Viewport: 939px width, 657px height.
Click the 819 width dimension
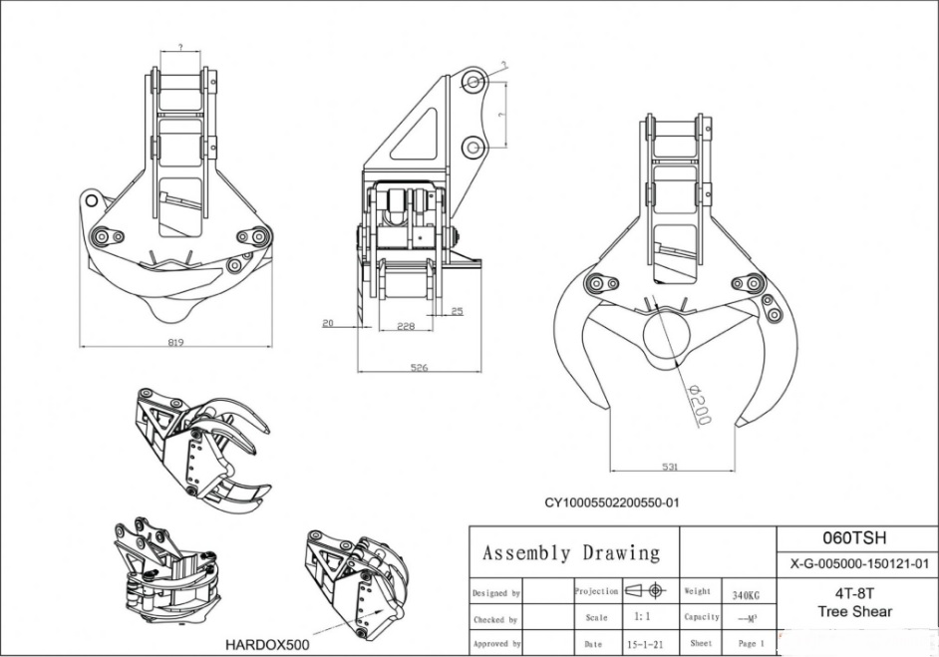[177, 341]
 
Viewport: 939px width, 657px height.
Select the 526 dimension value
[420, 368]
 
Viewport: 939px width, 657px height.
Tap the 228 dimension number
[406, 326]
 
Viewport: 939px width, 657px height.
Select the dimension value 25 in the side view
[457, 312]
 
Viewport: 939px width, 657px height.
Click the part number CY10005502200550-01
[611, 502]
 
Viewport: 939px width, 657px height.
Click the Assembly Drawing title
[571, 552]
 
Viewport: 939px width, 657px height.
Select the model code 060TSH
[855, 538]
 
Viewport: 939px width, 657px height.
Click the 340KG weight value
[746, 595]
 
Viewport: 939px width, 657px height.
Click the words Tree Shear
[854, 611]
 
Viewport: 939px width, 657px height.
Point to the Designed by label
[495, 593]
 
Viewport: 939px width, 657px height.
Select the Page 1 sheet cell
[751, 644]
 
